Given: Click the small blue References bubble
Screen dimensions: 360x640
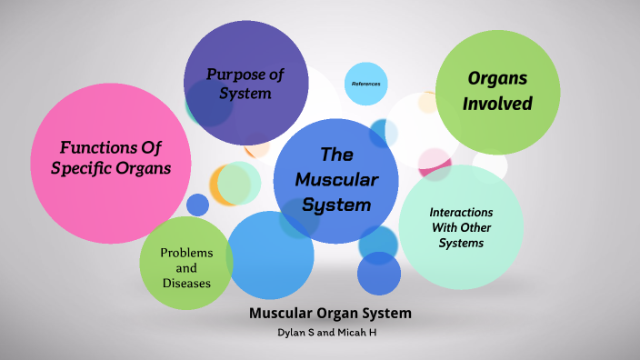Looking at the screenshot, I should [x=365, y=84].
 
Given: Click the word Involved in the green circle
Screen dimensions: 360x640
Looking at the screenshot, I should [x=497, y=104].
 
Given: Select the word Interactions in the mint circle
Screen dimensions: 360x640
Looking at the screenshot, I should [x=460, y=212].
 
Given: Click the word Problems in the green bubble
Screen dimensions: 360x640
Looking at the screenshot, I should [x=186, y=252].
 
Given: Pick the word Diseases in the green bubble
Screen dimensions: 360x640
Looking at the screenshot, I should [x=186, y=283].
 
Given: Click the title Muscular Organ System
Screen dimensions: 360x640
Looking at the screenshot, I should [x=330, y=314].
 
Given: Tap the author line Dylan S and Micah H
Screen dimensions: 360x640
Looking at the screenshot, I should [x=330, y=333].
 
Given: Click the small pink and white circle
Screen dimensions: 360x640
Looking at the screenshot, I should [x=435, y=164].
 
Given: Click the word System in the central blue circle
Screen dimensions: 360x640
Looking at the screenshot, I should [x=336, y=205].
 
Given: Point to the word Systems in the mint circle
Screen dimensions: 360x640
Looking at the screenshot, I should [x=460, y=244].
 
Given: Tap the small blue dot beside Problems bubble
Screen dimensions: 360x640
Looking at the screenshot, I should [x=197, y=205].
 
